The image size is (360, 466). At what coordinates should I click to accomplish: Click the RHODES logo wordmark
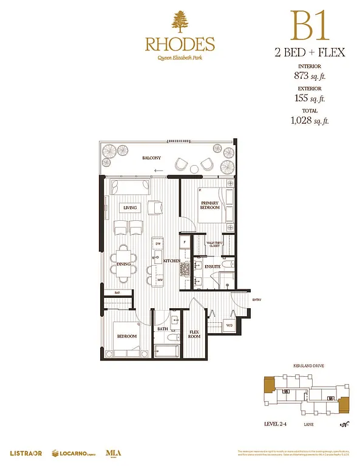(180, 44)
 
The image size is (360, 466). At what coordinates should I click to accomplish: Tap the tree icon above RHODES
(180, 22)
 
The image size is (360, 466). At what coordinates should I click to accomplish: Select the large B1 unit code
(310, 25)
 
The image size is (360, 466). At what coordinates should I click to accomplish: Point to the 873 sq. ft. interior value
(310, 77)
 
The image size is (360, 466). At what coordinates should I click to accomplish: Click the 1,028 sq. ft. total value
(310, 121)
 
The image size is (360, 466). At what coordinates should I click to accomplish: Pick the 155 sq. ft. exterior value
(310, 98)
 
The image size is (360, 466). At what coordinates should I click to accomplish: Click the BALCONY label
(152, 158)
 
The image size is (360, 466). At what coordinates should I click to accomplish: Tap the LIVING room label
(130, 208)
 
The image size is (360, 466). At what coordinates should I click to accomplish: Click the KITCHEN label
(171, 261)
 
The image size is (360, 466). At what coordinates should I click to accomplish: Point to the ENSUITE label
(212, 266)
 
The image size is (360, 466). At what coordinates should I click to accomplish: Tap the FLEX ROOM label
(194, 334)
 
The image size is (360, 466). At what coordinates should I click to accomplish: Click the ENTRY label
(257, 299)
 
